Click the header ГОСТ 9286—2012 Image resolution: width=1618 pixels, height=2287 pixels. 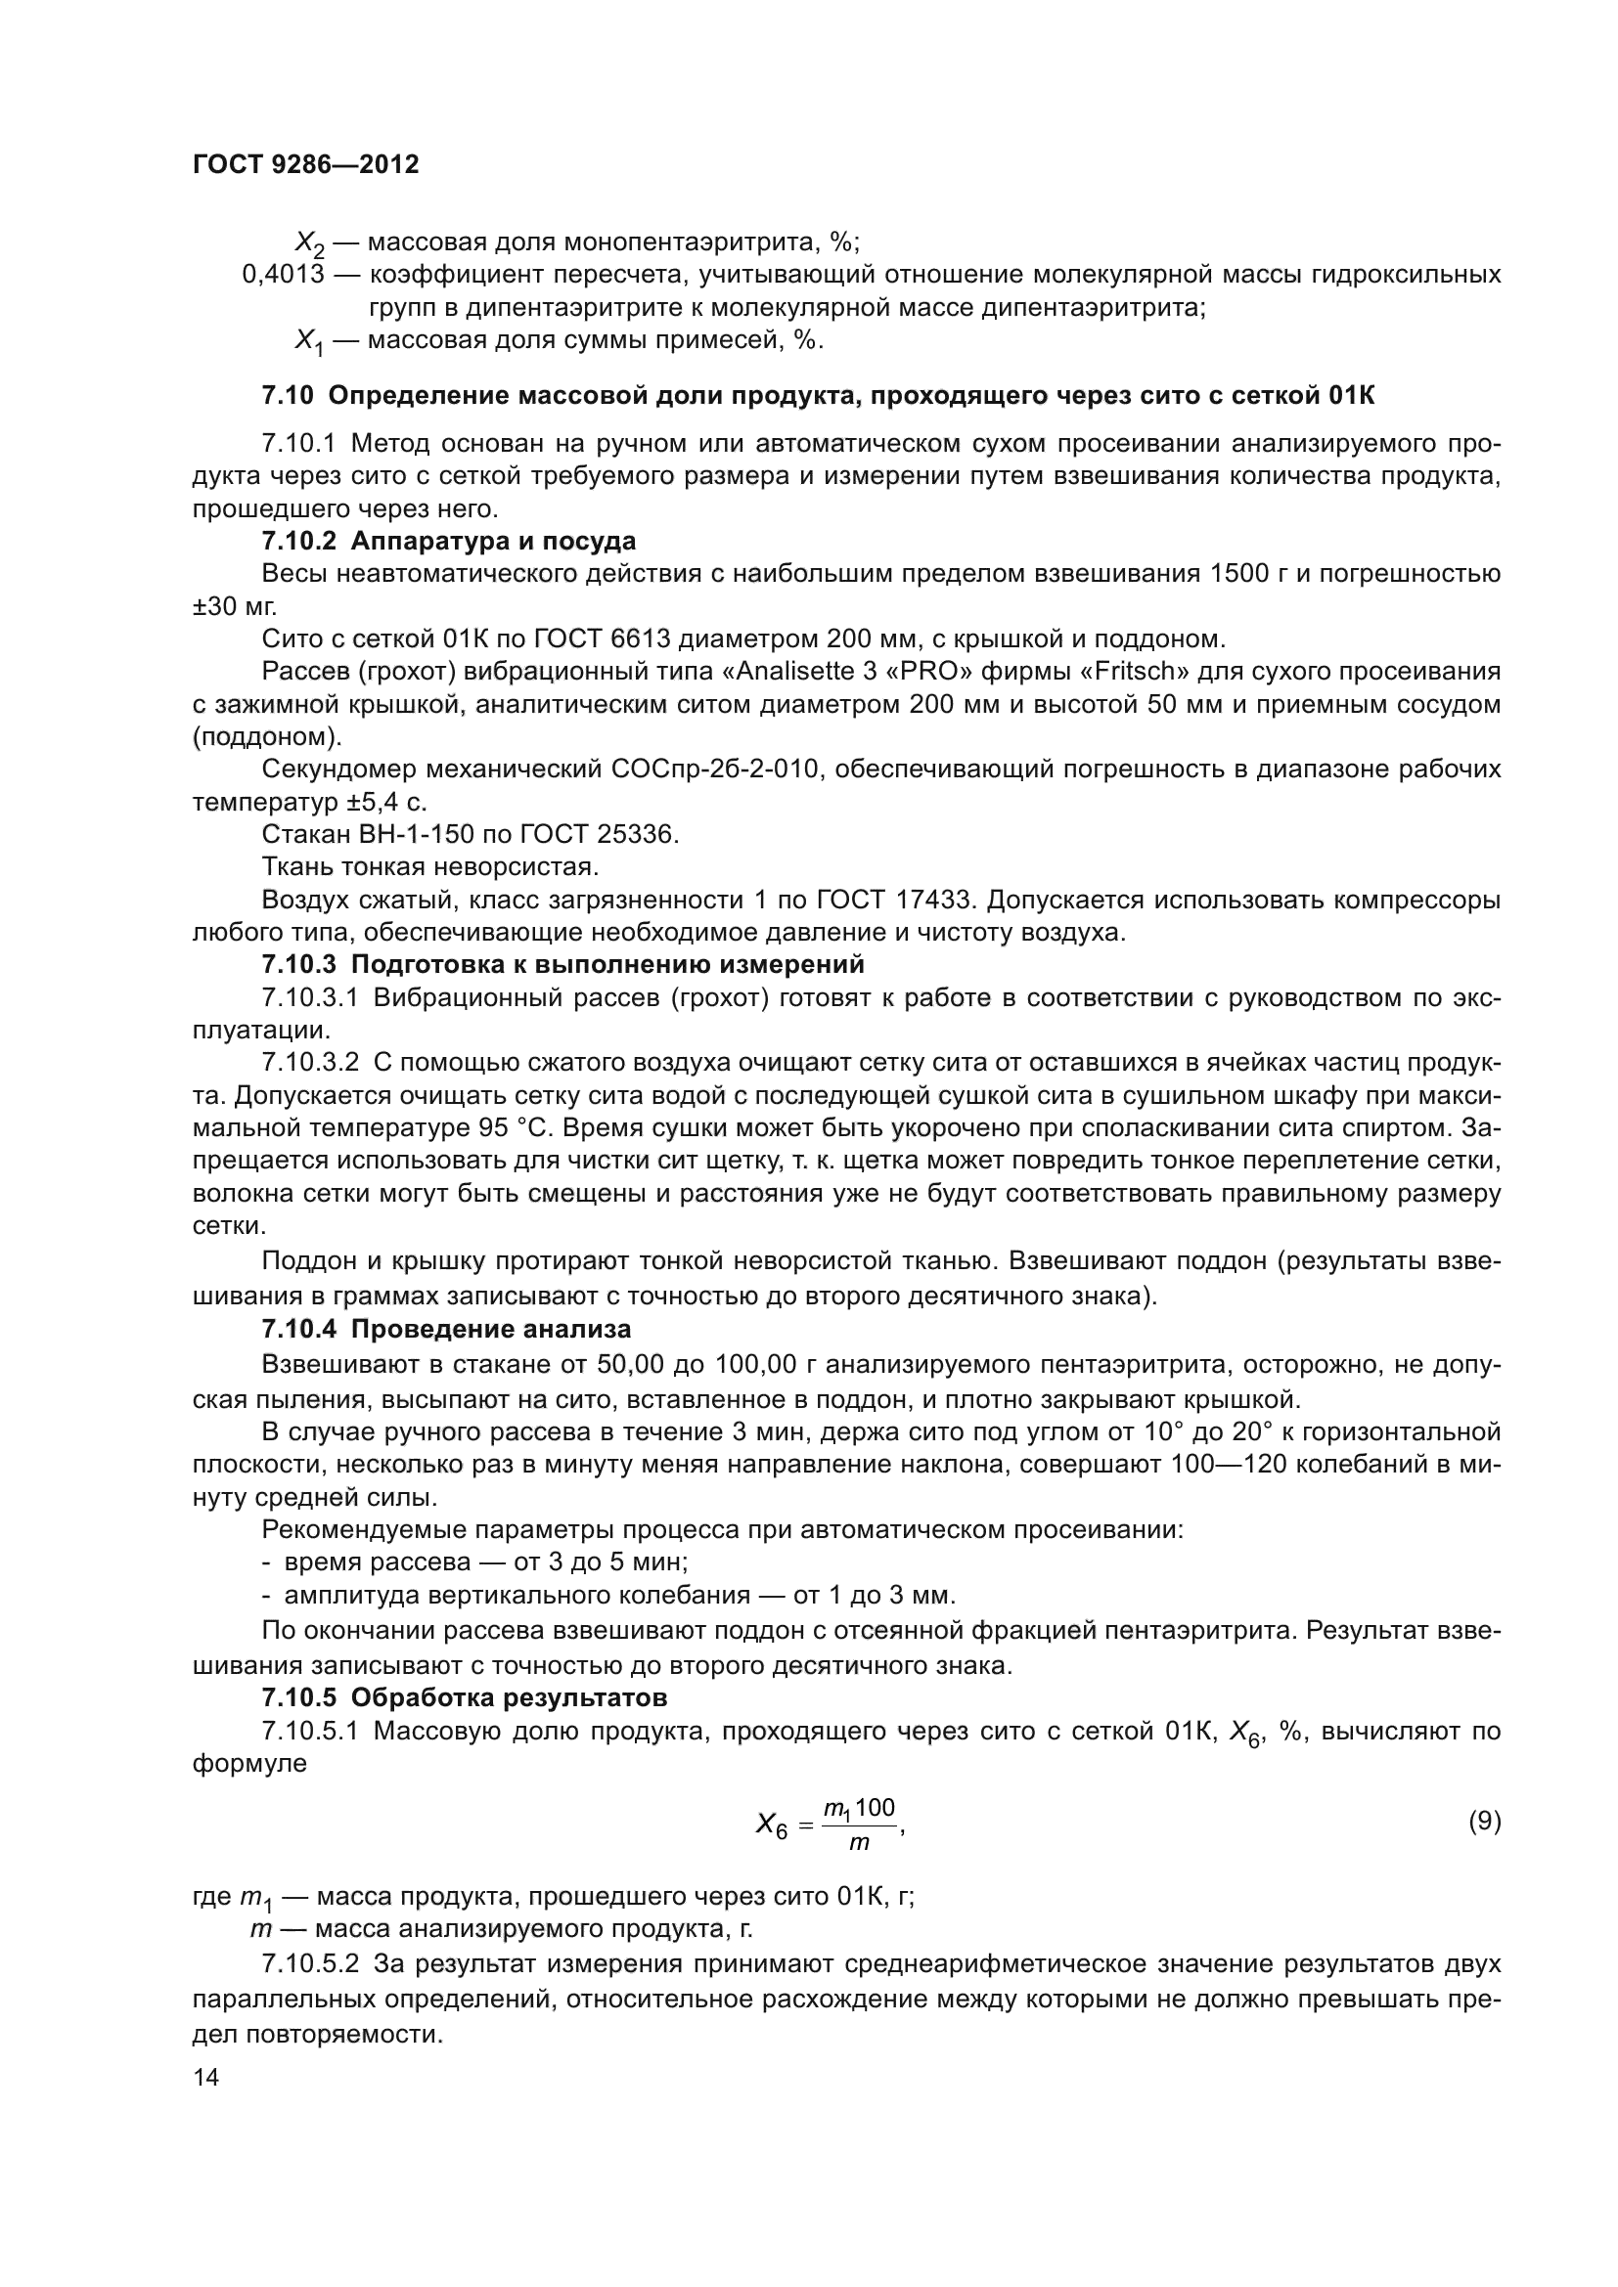[x=305, y=164]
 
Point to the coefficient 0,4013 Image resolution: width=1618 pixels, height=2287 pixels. [x=283, y=274]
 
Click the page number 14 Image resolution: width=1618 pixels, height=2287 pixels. [x=206, y=2077]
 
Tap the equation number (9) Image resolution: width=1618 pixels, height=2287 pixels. [x=1484, y=1822]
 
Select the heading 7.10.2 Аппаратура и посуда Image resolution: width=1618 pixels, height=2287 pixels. [x=448, y=542]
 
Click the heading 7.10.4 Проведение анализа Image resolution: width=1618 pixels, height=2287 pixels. [x=446, y=1330]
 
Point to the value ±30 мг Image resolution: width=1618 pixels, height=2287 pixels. [x=235, y=606]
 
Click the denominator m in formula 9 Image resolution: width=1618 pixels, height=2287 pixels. [x=859, y=1843]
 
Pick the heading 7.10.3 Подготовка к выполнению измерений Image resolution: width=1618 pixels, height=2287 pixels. [x=562, y=965]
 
